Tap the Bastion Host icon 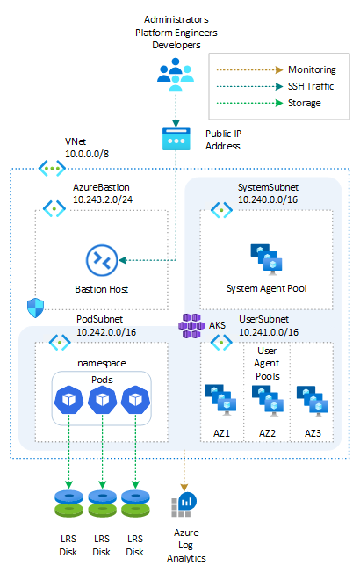click(x=102, y=260)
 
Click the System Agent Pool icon click(x=265, y=257)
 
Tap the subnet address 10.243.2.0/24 click(x=104, y=199)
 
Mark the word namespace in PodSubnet click(x=102, y=361)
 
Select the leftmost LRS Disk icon click(x=68, y=505)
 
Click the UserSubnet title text click(x=269, y=320)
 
